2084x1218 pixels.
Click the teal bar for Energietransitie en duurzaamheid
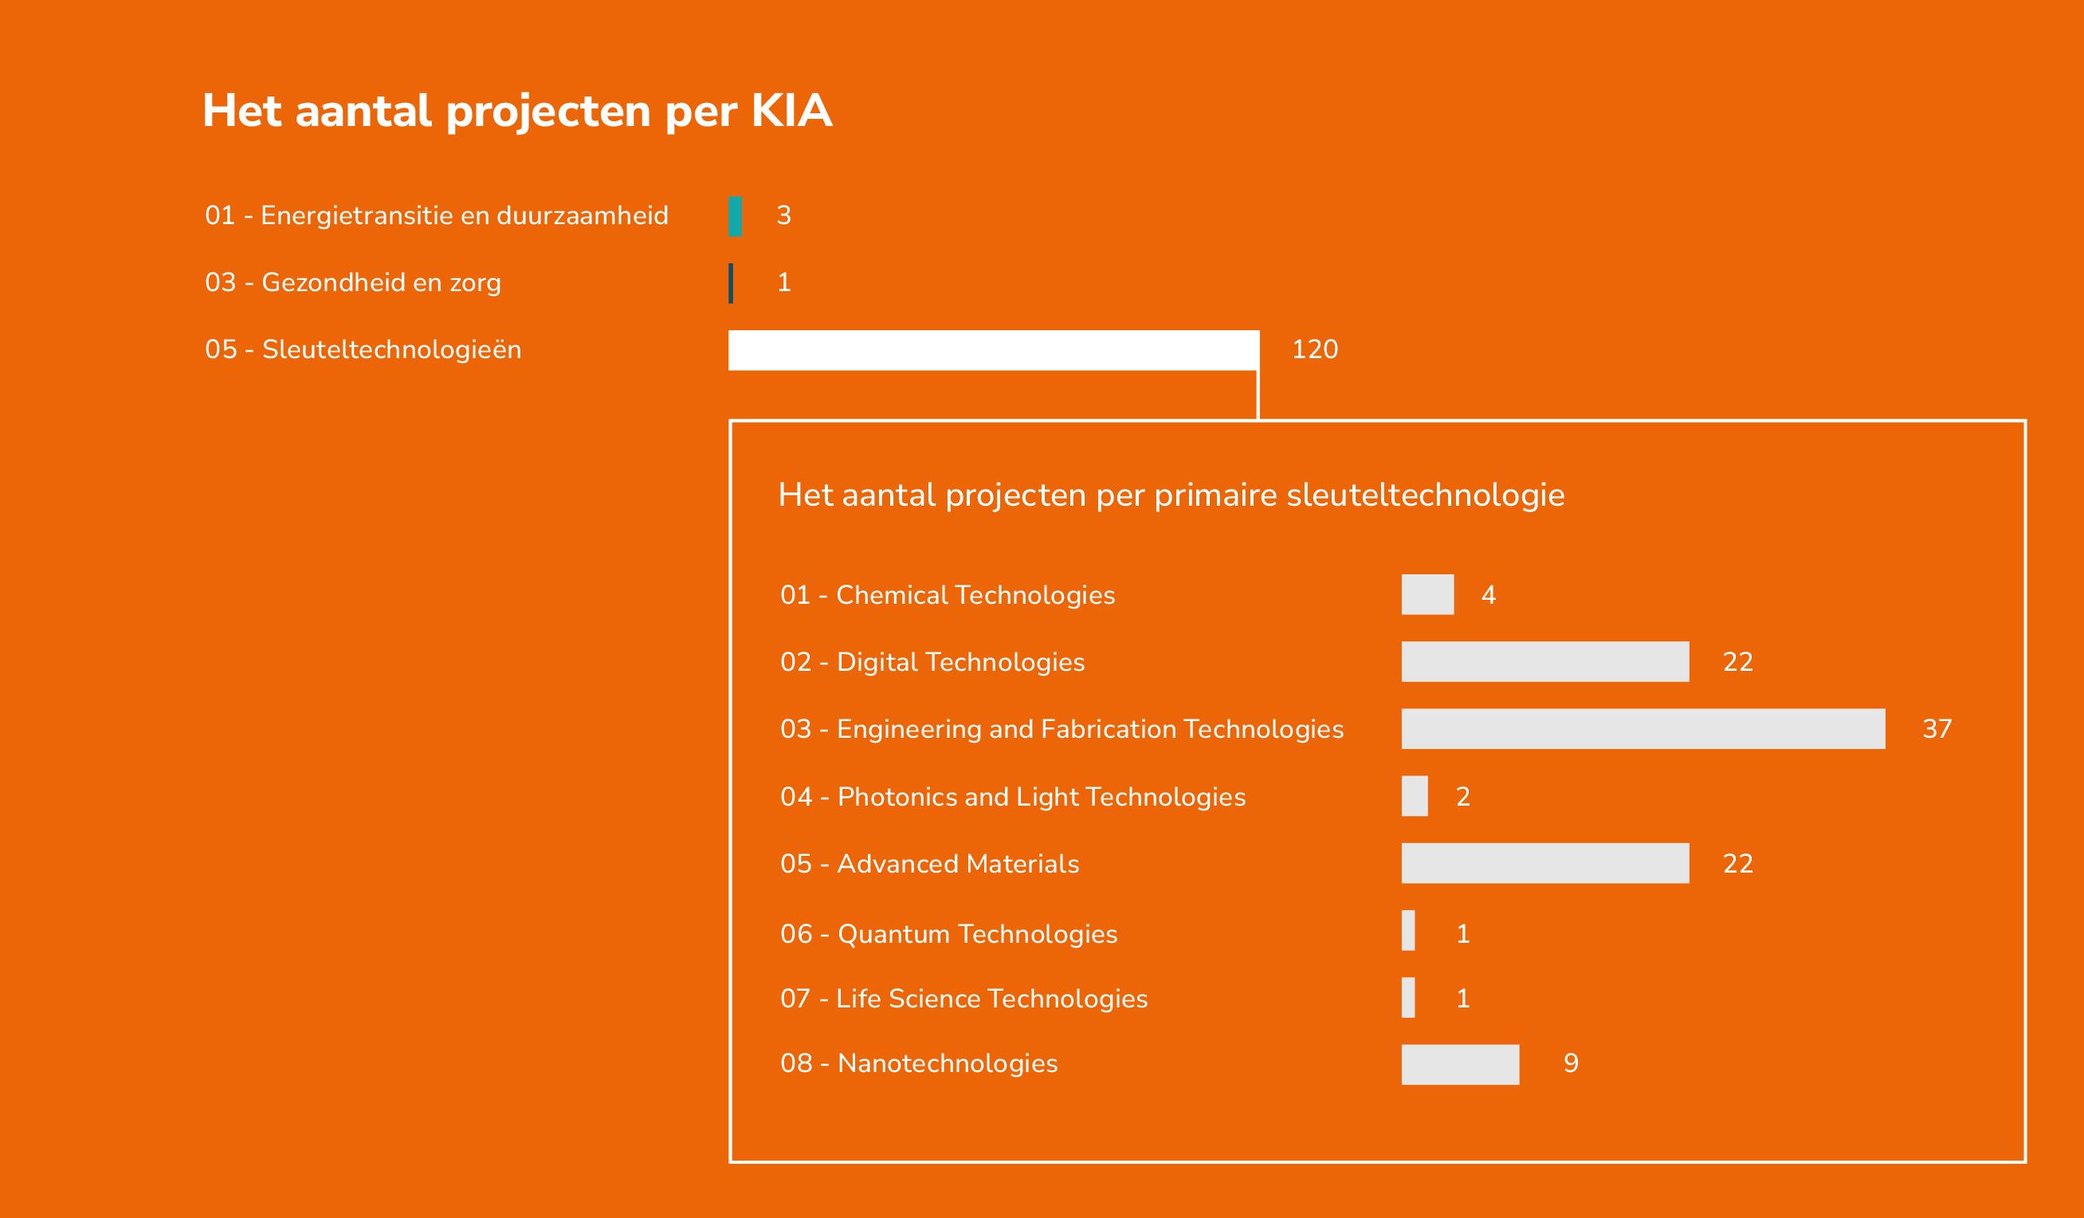point(736,217)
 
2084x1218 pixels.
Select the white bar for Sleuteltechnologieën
point(994,350)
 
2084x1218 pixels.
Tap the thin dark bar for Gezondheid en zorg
point(731,283)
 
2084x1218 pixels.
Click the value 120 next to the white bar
point(1315,349)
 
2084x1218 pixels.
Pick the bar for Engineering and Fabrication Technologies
point(1643,729)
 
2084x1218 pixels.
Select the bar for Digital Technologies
point(1545,662)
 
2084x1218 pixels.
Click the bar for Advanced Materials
point(1545,863)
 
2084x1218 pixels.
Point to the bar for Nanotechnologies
point(1461,1065)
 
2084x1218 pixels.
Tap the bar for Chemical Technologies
point(1428,595)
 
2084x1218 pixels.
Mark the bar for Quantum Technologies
point(1408,931)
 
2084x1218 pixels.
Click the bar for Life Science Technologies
point(1408,998)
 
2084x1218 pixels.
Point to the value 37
point(1937,729)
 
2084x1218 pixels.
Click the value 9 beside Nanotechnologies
point(1572,1063)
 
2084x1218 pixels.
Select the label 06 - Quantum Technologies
point(948,934)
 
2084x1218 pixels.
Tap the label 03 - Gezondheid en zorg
point(353,283)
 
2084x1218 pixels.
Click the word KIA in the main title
point(791,111)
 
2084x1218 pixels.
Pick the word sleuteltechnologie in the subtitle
point(1426,495)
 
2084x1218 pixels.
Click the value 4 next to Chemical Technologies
point(1489,595)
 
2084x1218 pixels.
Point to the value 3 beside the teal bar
point(784,216)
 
